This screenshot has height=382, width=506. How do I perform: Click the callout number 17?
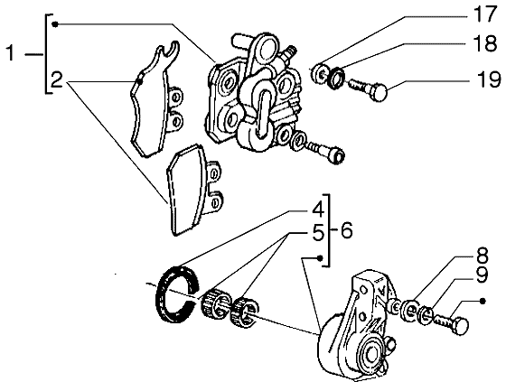tap(484, 14)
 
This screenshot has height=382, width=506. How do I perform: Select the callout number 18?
tap(484, 43)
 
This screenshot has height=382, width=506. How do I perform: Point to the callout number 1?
tap(11, 53)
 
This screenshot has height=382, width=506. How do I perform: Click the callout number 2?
tap(57, 80)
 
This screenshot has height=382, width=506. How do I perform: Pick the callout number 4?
tap(318, 210)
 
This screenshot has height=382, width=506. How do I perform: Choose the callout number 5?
tap(318, 233)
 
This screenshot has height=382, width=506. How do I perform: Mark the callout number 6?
tap(346, 230)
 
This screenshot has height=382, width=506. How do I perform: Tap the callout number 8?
tap(481, 255)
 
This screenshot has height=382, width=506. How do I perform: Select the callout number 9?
tap(482, 275)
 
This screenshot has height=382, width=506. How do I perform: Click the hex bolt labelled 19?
tap(368, 89)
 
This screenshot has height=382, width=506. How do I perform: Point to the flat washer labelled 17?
tap(320, 73)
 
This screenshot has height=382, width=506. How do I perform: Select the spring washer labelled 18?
tap(336, 78)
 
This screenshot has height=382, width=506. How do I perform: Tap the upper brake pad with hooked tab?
tap(155, 100)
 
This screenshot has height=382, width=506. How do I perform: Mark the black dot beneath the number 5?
tap(320, 258)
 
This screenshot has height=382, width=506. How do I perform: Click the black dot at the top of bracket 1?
tap(55, 24)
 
